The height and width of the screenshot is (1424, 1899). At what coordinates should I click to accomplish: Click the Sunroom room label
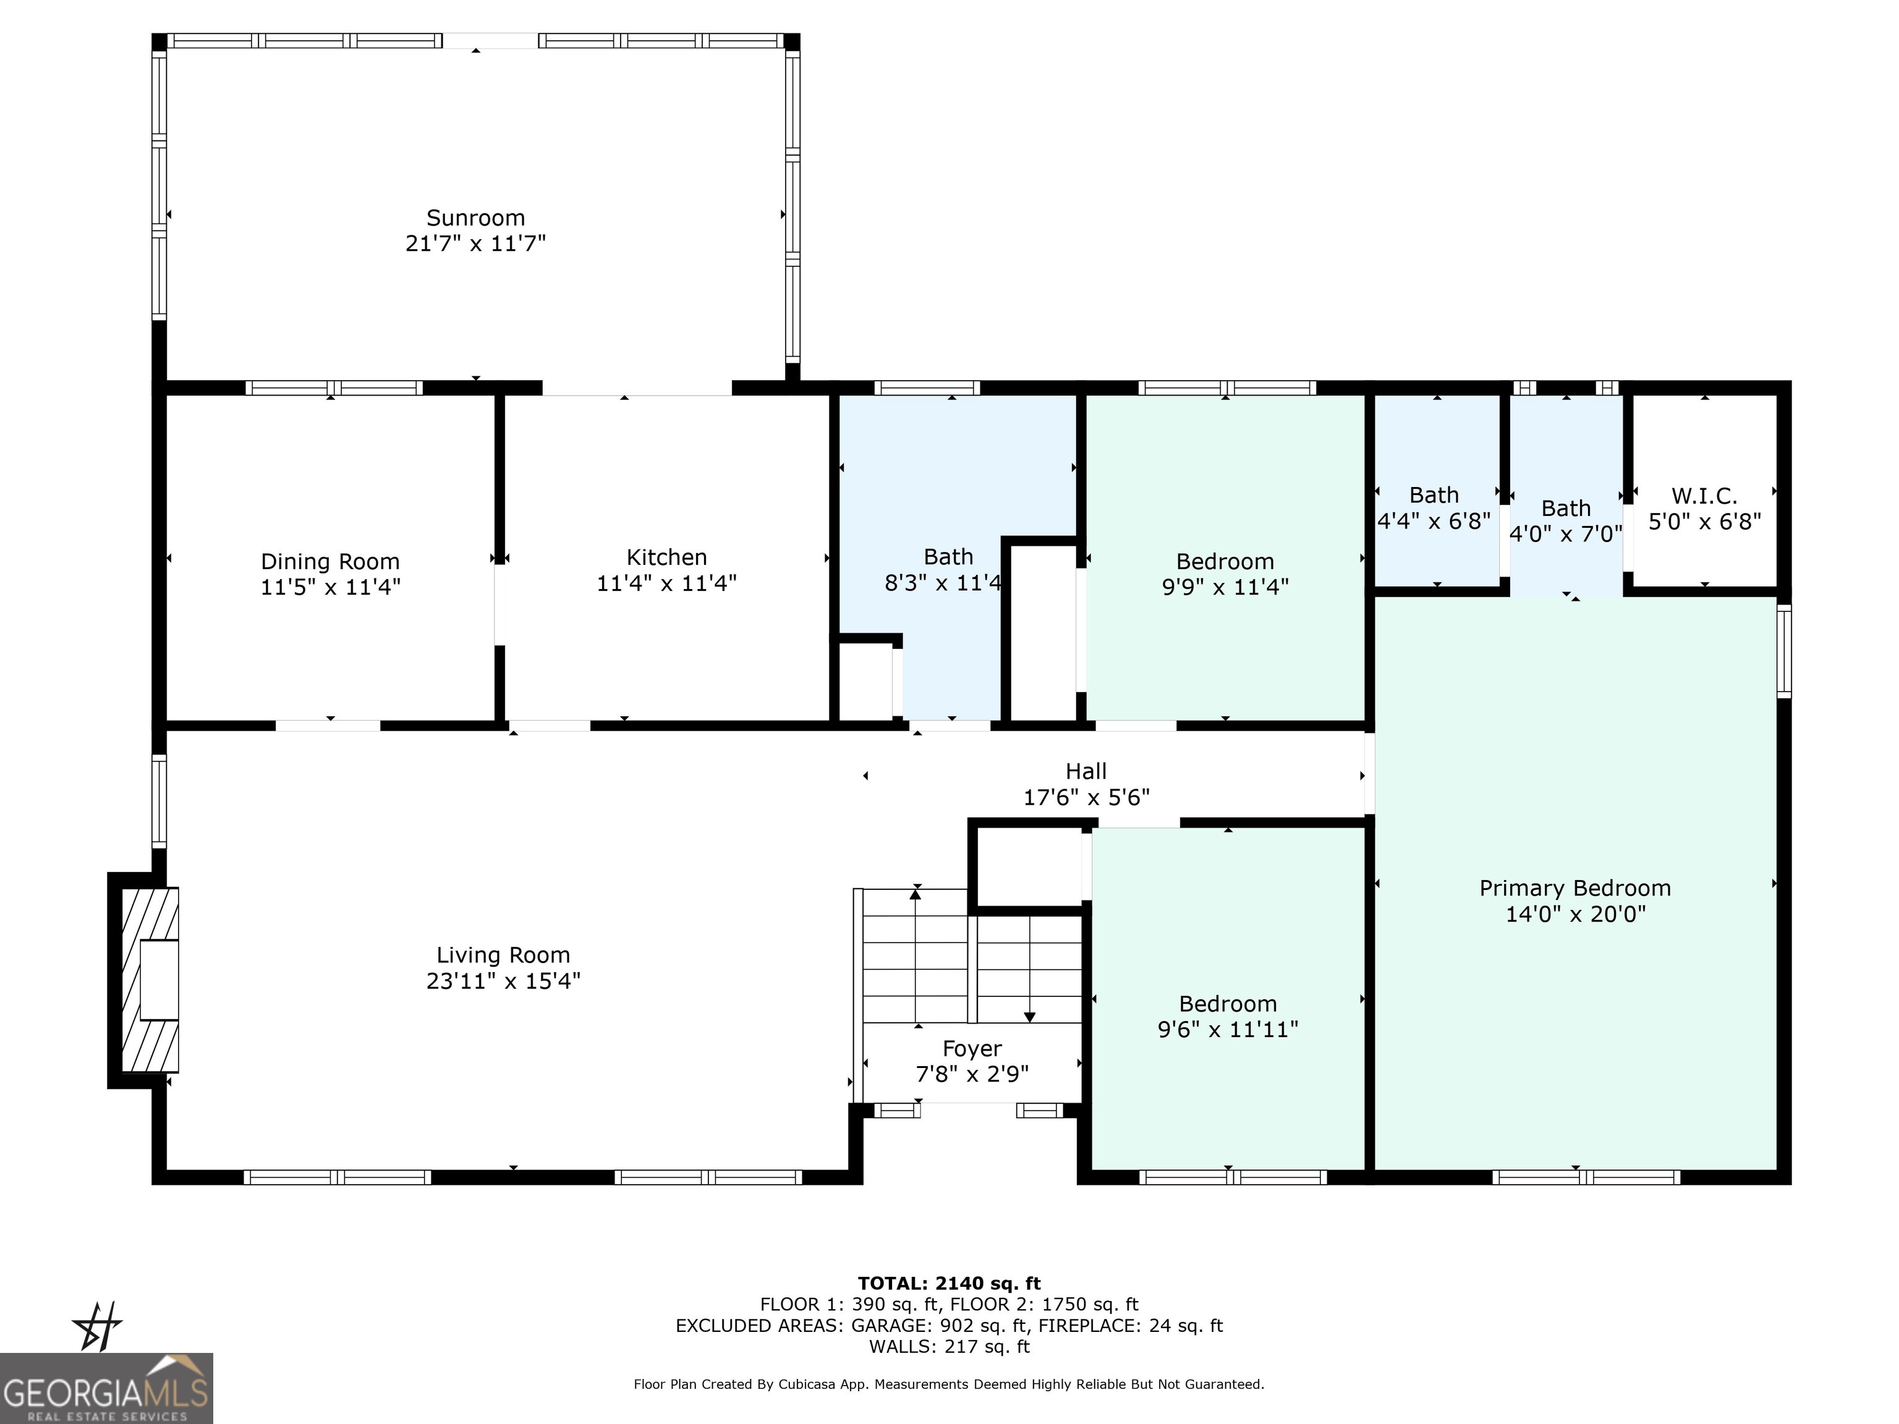coord(475,218)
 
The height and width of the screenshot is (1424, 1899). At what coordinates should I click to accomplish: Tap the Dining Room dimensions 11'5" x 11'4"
coord(331,587)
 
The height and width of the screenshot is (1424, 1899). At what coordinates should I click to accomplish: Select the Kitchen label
coord(666,557)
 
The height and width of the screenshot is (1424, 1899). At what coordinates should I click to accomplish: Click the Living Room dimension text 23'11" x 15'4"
coord(503,981)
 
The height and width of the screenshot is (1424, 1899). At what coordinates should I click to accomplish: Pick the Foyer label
coord(972,1049)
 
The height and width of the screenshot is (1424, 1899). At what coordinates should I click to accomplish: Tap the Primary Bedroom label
coord(1574,888)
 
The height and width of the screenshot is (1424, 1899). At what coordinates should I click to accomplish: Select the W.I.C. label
coord(1704,496)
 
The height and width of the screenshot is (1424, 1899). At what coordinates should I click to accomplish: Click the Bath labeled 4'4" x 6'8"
coord(1434,495)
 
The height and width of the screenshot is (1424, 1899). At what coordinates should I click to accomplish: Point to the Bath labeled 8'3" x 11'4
coord(948,557)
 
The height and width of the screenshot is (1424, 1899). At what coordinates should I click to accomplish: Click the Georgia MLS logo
coord(106,1388)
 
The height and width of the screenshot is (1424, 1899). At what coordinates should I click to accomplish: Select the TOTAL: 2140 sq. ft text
coord(949,1283)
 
